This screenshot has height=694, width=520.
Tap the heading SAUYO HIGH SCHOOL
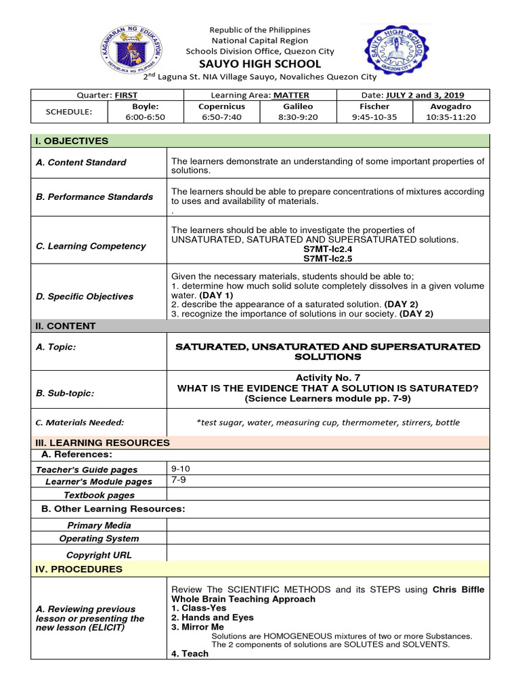(259, 64)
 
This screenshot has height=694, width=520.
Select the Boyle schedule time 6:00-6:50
(146, 117)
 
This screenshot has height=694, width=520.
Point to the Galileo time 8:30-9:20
(297, 117)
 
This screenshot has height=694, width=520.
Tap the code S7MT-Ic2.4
(328, 249)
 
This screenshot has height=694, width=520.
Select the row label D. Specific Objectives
(85, 296)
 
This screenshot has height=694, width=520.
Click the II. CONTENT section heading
(66, 326)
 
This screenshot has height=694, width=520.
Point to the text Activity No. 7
(328, 377)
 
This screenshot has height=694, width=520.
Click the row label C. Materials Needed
(80, 422)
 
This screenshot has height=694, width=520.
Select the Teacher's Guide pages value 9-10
(181, 468)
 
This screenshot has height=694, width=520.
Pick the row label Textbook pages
(99, 495)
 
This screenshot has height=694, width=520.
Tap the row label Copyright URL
(99, 555)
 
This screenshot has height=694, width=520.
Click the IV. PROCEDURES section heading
(79, 569)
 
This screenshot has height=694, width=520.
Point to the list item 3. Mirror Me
(197, 628)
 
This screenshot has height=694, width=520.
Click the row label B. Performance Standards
(95, 197)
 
